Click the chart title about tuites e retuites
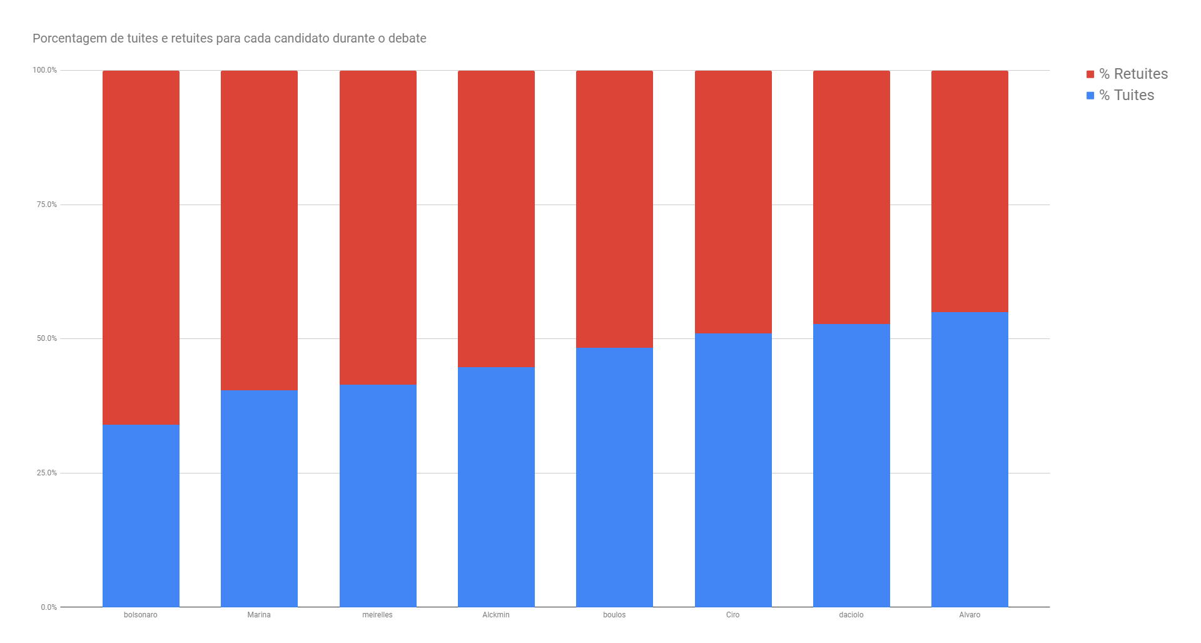tap(229, 38)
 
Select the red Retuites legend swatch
tap(1090, 74)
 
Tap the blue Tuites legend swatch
tap(1090, 96)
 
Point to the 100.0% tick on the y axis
tap(44, 70)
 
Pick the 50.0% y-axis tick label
tap(46, 338)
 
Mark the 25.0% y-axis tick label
tap(46, 473)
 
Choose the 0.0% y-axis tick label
tap(49, 607)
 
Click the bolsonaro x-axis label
tap(141, 615)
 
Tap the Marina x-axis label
tap(259, 615)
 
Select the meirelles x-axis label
tap(377, 615)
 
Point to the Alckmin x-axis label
tap(496, 615)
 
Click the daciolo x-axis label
tap(851, 615)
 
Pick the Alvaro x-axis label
tap(970, 615)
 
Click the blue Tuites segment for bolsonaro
tap(141, 516)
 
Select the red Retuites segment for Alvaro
tap(970, 191)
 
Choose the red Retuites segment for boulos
tap(614, 209)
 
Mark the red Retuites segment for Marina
tap(259, 230)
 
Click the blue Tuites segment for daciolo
tap(851, 465)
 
